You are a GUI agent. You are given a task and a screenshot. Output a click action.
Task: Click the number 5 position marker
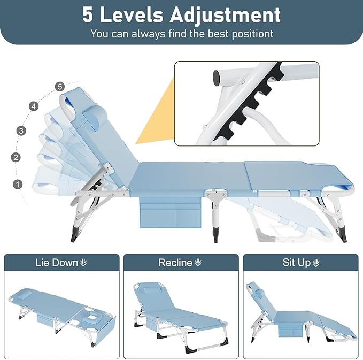[60, 87]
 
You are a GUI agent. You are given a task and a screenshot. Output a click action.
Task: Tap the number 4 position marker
[34, 106]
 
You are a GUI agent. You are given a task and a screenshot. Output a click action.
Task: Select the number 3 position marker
[21, 131]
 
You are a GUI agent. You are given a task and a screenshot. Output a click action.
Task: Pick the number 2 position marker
[16, 157]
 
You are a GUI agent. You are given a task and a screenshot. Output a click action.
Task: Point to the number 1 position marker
[18, 185]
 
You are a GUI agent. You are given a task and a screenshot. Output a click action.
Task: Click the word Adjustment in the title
[225, 16]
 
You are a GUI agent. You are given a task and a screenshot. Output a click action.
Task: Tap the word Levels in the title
[132, 16]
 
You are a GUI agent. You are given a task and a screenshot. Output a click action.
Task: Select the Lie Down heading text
[57, 263]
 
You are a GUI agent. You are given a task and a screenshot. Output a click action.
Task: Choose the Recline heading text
[175, 263]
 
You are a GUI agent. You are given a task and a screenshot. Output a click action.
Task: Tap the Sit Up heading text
[297, 263]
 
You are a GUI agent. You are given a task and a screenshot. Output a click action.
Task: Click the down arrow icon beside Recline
[198, 263]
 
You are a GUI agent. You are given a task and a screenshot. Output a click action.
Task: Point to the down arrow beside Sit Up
[316, 263]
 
